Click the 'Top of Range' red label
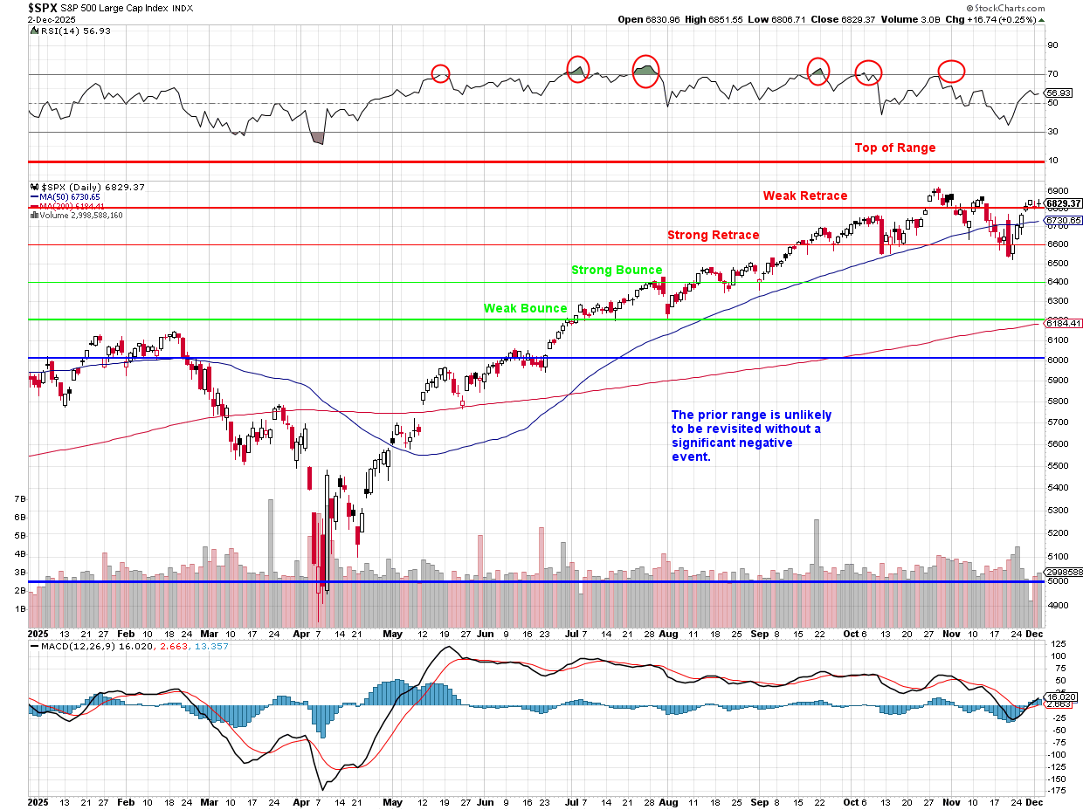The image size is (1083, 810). (x=894, y=148)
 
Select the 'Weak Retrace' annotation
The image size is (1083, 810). (x=804, y=196)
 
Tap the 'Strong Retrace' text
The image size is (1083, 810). (x=713, y=235)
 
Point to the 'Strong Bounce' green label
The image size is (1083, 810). (x=617, y=270)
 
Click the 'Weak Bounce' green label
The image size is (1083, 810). (x=526, y=308)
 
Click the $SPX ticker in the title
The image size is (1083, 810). (x=44, y=7)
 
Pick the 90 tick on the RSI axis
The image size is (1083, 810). (x=1052, y=45)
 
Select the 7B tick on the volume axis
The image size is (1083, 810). (x=19, y=498)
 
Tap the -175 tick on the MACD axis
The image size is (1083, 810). (x=1058, y=791)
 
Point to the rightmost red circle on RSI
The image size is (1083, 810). (x=951, y=71)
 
